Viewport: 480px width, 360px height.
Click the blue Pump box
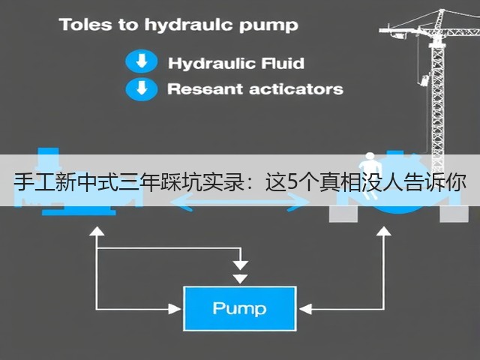pyautogui.click(x=240, y=308)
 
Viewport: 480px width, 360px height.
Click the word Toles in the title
pyautogui.click(x=85, y=25)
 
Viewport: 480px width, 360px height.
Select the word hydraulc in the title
pyautogui.click(x=189, y=25)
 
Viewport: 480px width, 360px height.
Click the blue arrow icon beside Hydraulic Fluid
pyautogui.click(x=142, y=61)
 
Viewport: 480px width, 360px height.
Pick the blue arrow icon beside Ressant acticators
pyautogui.click(x=142, y=89)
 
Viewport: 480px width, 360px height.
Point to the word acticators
pyautogui.click(x=296, y=89)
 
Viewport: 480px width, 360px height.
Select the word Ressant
pyautogui.click(x=205, y=89)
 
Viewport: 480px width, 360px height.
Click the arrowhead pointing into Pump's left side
pyautogui.click(x=175, y=309)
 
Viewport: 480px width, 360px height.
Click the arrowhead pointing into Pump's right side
pyautogui.click(x=305, y=309)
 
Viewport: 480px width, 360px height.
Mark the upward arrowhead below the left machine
pyautogui.click(x=97, y=231)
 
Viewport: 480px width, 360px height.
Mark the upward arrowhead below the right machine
pyautogui.click(x=383, y=231)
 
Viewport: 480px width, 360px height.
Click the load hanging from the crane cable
pyautogui.click(x=424, y=80)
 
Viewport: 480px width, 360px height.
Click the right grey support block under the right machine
pyautogui.click(x=454, y=214)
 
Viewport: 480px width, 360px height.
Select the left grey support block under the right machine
pyautogui.click(x=343, y=214)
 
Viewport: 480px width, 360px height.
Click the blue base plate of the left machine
pyautogui.click(x=79, y=211)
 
